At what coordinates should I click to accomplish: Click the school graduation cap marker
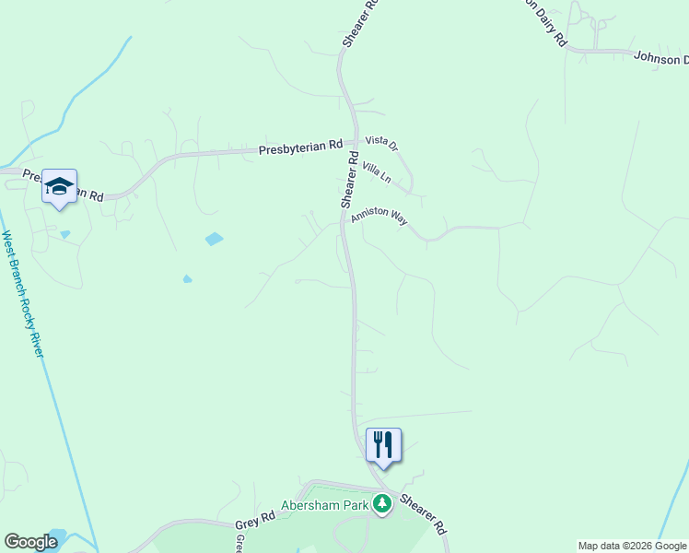pyautogui.click(x=59, y=186)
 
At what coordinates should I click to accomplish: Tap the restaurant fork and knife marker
pyautogui.click(x=383, y=445)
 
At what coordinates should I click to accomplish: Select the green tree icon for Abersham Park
pyautogui.click(x=382, y=504)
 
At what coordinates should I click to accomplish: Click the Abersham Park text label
pyautogui.click(x=325, y=504)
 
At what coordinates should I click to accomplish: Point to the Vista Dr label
pyautogui.click(x=380, y=142)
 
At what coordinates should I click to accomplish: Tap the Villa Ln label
pyautogui.click(x=377, y=171)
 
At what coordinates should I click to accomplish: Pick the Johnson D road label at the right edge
pyautogui.click(x=660, y=57)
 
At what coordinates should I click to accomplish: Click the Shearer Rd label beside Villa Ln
pyautogui.click(x=348, y=181)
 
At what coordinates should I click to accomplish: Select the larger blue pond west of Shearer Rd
pyautogui.click(x=214, y=239)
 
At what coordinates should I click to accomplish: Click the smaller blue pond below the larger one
pyautogui.click(x=187, y=278)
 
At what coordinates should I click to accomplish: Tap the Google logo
pyautogui.click(x=30, y=542)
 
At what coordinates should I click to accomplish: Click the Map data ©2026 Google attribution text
pyautogui.click(x=632, y=546)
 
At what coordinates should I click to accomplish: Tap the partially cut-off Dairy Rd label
pyautogui.click(x=544, y=19)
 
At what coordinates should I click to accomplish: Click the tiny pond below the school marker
pyautogui.click(x=64, y=234)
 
